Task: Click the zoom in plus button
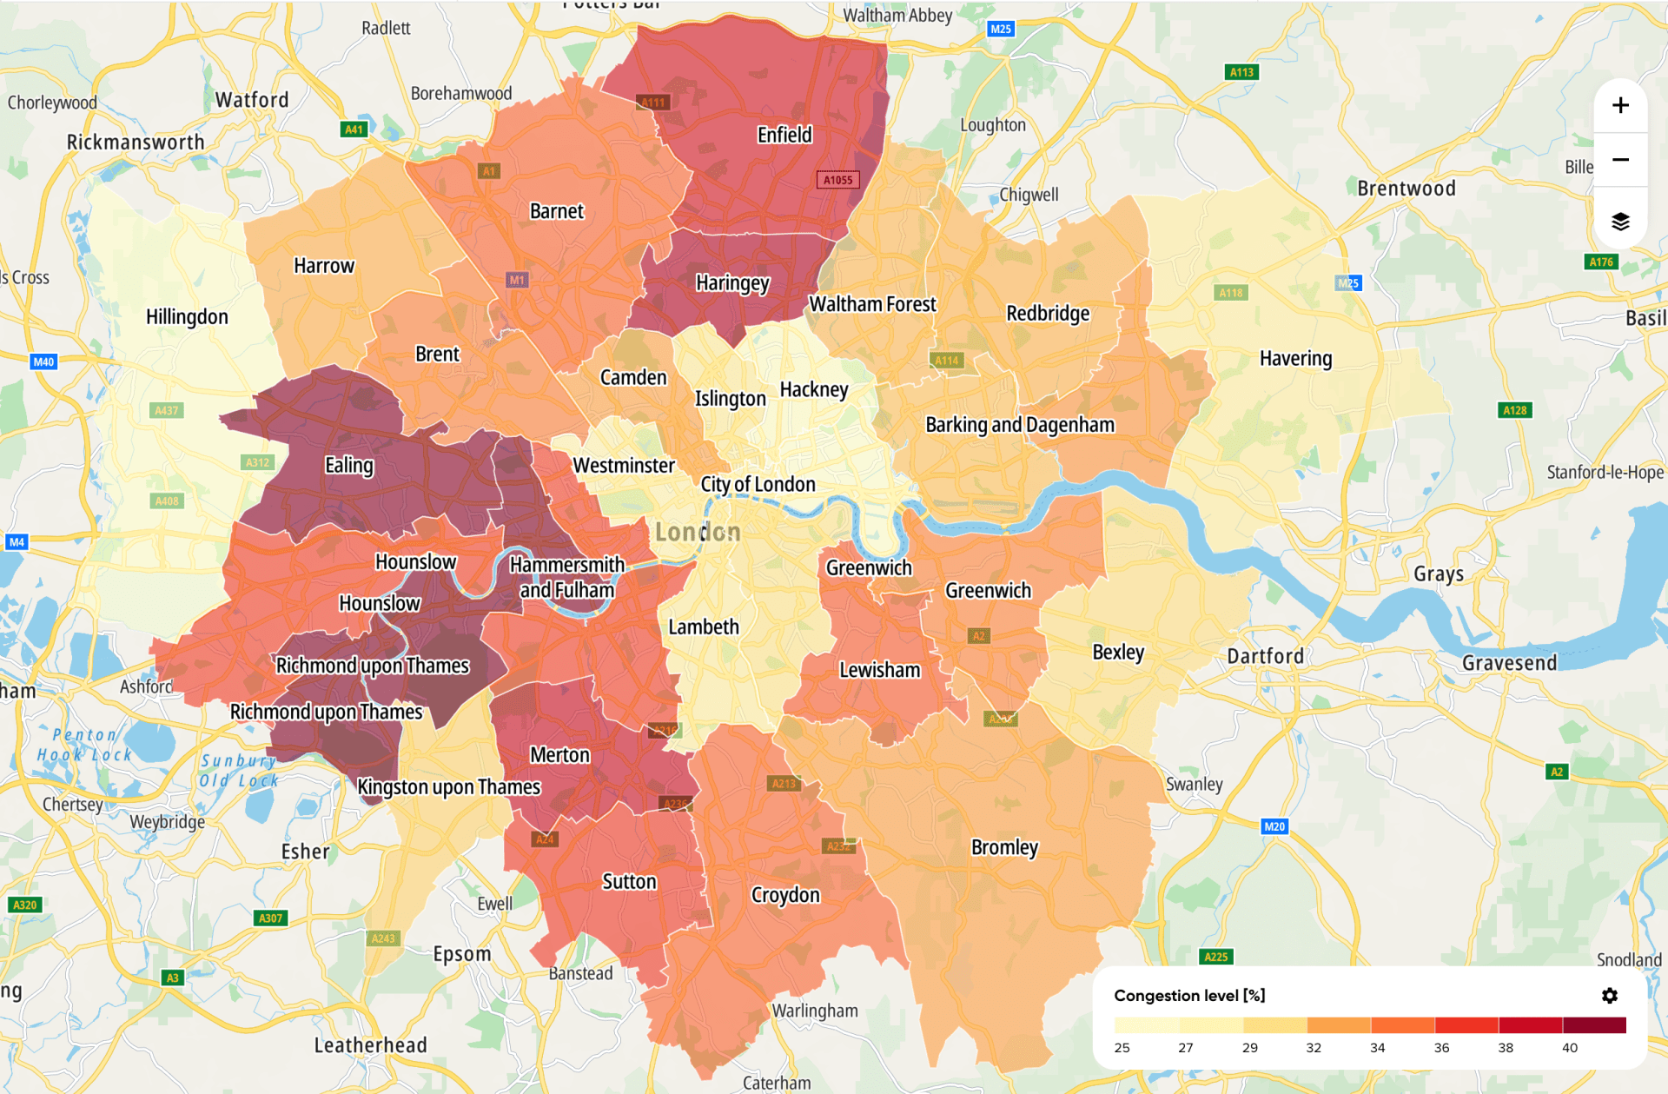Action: pos(1620,106)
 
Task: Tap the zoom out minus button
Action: pos(1620,160)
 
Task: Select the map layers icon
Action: pos(1620,222)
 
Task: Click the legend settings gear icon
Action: pos(1609,996)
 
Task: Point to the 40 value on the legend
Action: pos(1569,1048)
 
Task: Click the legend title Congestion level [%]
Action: pos(1188,996)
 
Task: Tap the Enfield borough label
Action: pos(784,135)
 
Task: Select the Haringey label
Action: pos(732,283)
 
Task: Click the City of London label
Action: pos(758,484)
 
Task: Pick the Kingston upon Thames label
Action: pos(448,787)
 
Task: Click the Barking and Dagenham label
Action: pos(1019,425)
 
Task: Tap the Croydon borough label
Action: pos(784,895)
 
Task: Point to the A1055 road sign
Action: pos(837,180)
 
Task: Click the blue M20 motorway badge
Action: pos(1274,826)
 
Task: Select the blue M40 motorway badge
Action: pos(43,361)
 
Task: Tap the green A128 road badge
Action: pos(1514,410)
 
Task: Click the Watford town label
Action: pos(252,100)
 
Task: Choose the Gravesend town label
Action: pos(1509,663)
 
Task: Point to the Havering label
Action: pos(1295,358)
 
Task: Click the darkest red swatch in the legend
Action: pos(1594,1025)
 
